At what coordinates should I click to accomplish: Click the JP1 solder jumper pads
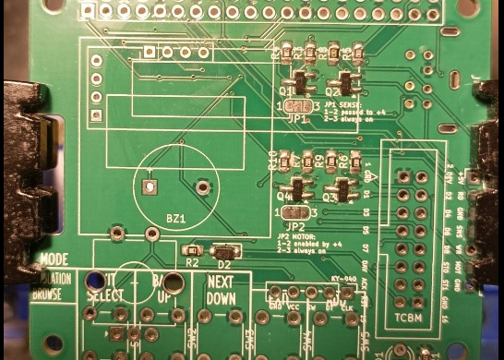click(297, 107)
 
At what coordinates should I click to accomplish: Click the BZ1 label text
click(175, 219)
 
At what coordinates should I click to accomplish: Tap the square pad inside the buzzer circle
click(148, 187)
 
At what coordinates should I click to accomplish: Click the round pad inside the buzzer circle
click(202, 187)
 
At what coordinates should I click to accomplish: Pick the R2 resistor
click(192, 250)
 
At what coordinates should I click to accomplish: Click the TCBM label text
click(408, 318)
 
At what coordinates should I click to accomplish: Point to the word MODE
click(54, 261)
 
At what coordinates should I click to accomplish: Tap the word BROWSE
click(52, 295)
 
